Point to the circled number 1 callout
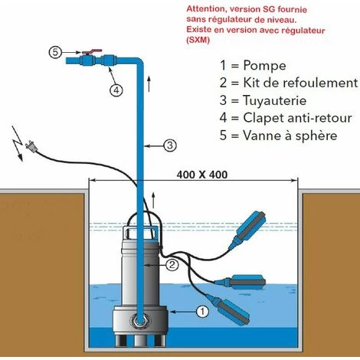(201, 312)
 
